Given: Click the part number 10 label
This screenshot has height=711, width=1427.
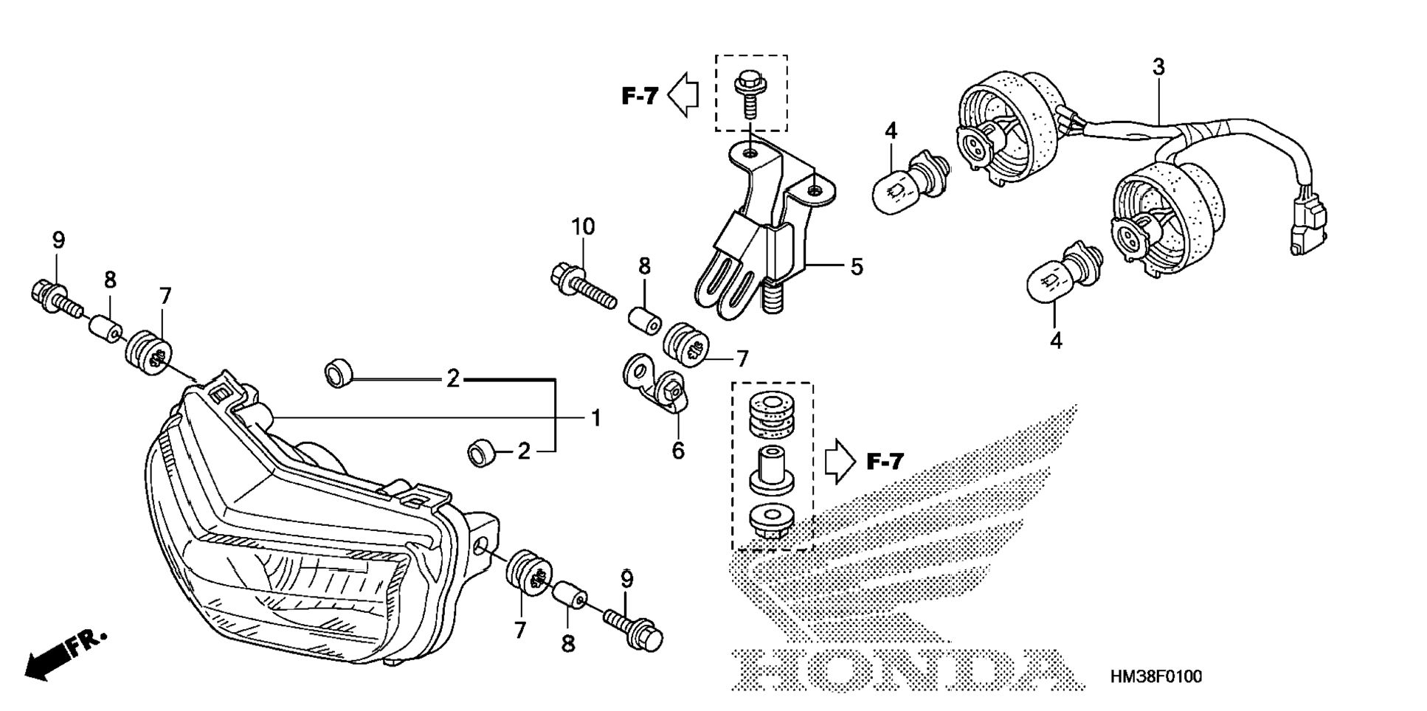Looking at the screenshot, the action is click(583, 227).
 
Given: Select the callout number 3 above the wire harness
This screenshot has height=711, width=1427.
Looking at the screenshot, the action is click(1158, 67).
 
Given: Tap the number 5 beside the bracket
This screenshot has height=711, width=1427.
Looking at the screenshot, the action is click(856, 266).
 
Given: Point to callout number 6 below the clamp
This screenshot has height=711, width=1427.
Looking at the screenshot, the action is click(678, 450).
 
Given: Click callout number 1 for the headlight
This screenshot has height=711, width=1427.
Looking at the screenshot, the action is click(595, 418).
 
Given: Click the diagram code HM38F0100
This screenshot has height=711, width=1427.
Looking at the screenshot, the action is click(1156, 676).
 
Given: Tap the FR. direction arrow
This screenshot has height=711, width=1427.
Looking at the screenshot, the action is click(65, 654).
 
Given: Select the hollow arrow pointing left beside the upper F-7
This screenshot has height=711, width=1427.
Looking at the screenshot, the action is click(683, 94).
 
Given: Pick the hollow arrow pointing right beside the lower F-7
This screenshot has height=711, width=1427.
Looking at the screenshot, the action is click(840, 462).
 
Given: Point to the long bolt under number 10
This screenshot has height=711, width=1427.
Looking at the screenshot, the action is click(583, 288).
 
